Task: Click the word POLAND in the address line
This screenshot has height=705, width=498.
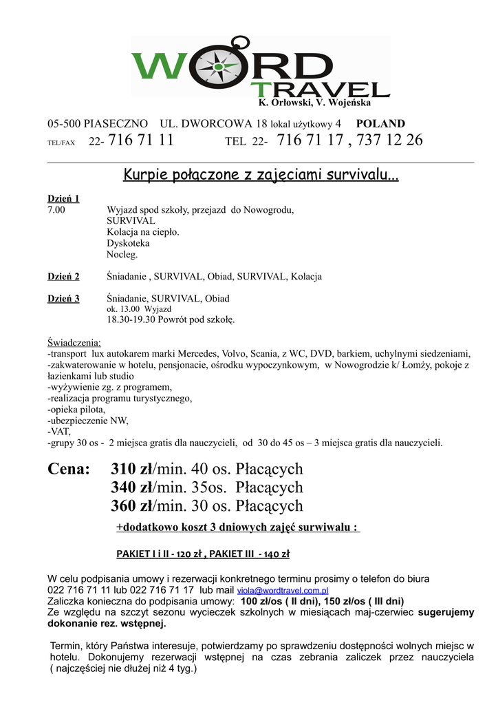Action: tap(380, 124)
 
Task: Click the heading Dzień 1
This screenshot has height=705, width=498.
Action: tap(63, 199)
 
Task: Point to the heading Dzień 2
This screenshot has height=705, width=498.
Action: tap(63, 277)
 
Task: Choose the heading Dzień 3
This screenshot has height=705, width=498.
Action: tap(63, 299)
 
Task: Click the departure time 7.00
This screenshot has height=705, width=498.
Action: tap(56, 210)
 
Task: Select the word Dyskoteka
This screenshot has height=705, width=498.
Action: tap(128, 243)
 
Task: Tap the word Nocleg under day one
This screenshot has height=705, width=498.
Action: tap(122, 254)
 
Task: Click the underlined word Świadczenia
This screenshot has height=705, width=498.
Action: tap(74, 343)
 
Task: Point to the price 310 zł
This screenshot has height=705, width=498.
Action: tap(131, 470)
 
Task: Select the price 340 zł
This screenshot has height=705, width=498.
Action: tap(131, 488)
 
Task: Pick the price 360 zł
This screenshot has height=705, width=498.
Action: tap(131, 507)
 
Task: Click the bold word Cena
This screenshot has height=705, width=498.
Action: tap(69, 470)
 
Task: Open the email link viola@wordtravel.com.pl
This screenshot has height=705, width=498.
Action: tap(283, 591)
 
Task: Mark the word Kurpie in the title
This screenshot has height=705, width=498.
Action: tap(144, 175)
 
